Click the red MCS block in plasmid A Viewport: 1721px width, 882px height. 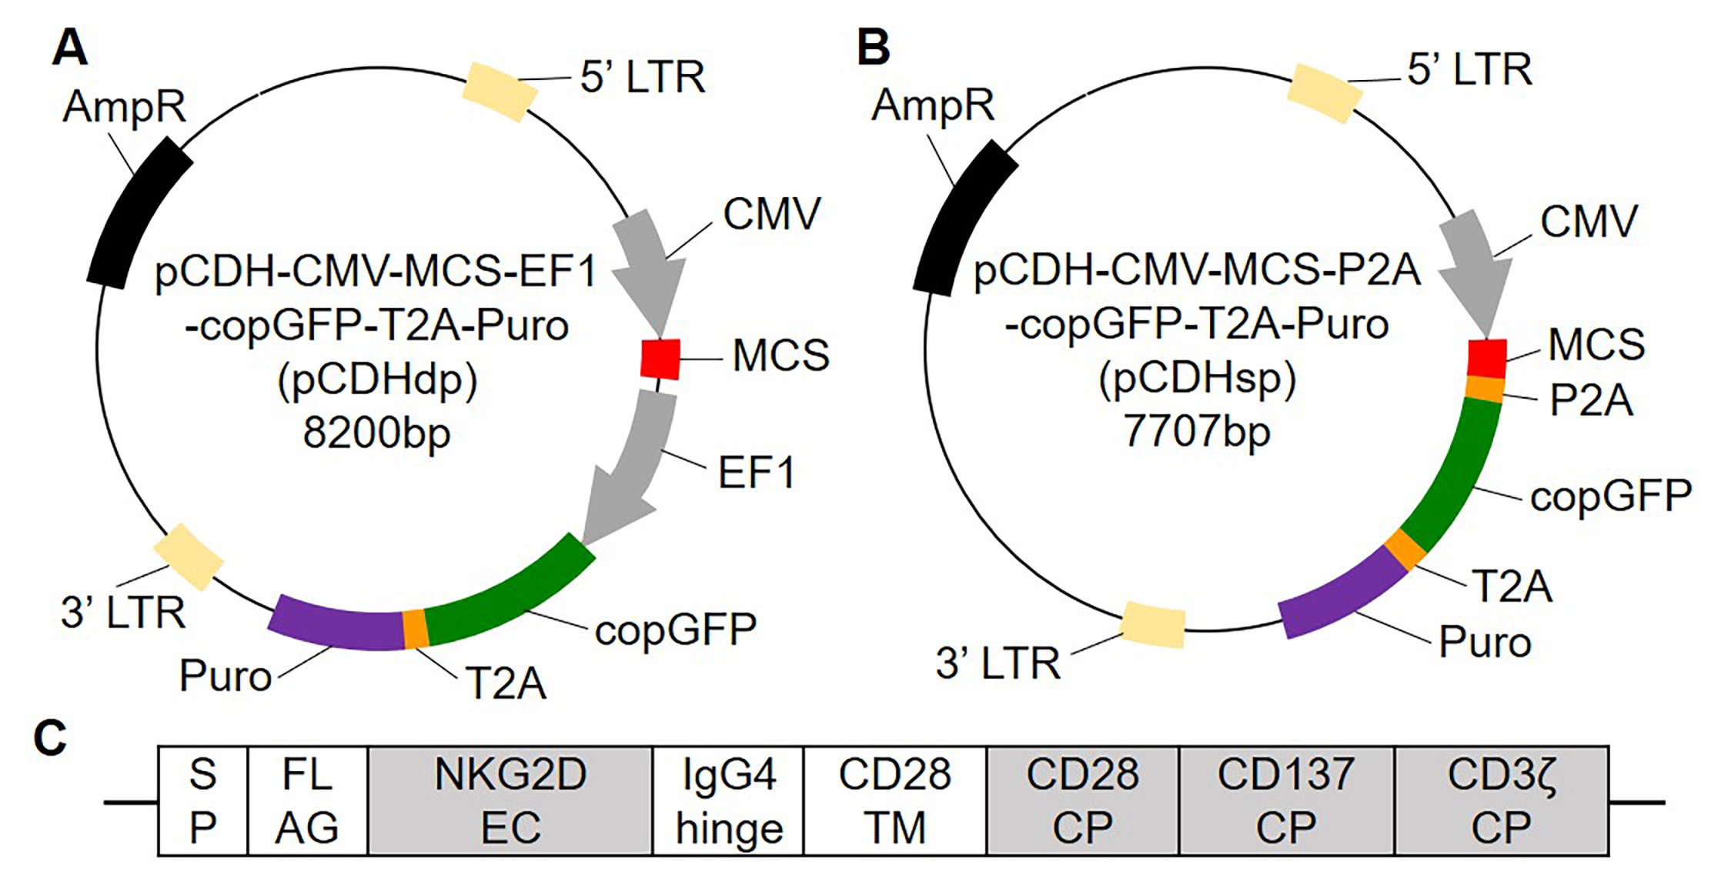[660, 359]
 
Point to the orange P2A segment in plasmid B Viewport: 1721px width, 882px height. [1484, 389]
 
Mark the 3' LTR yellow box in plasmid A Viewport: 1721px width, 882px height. [188, 557]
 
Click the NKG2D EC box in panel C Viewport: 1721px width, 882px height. [510, 800]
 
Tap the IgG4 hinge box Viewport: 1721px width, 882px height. [728, 800]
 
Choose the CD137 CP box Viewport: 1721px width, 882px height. [1286, 800]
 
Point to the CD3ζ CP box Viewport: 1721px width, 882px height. [1501, 800]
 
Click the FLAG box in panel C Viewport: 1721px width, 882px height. [307, 800]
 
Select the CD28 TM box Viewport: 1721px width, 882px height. [894, 800]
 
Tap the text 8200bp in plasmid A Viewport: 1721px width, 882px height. [376, 433]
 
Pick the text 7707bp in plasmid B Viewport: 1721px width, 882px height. [1197, 431]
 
